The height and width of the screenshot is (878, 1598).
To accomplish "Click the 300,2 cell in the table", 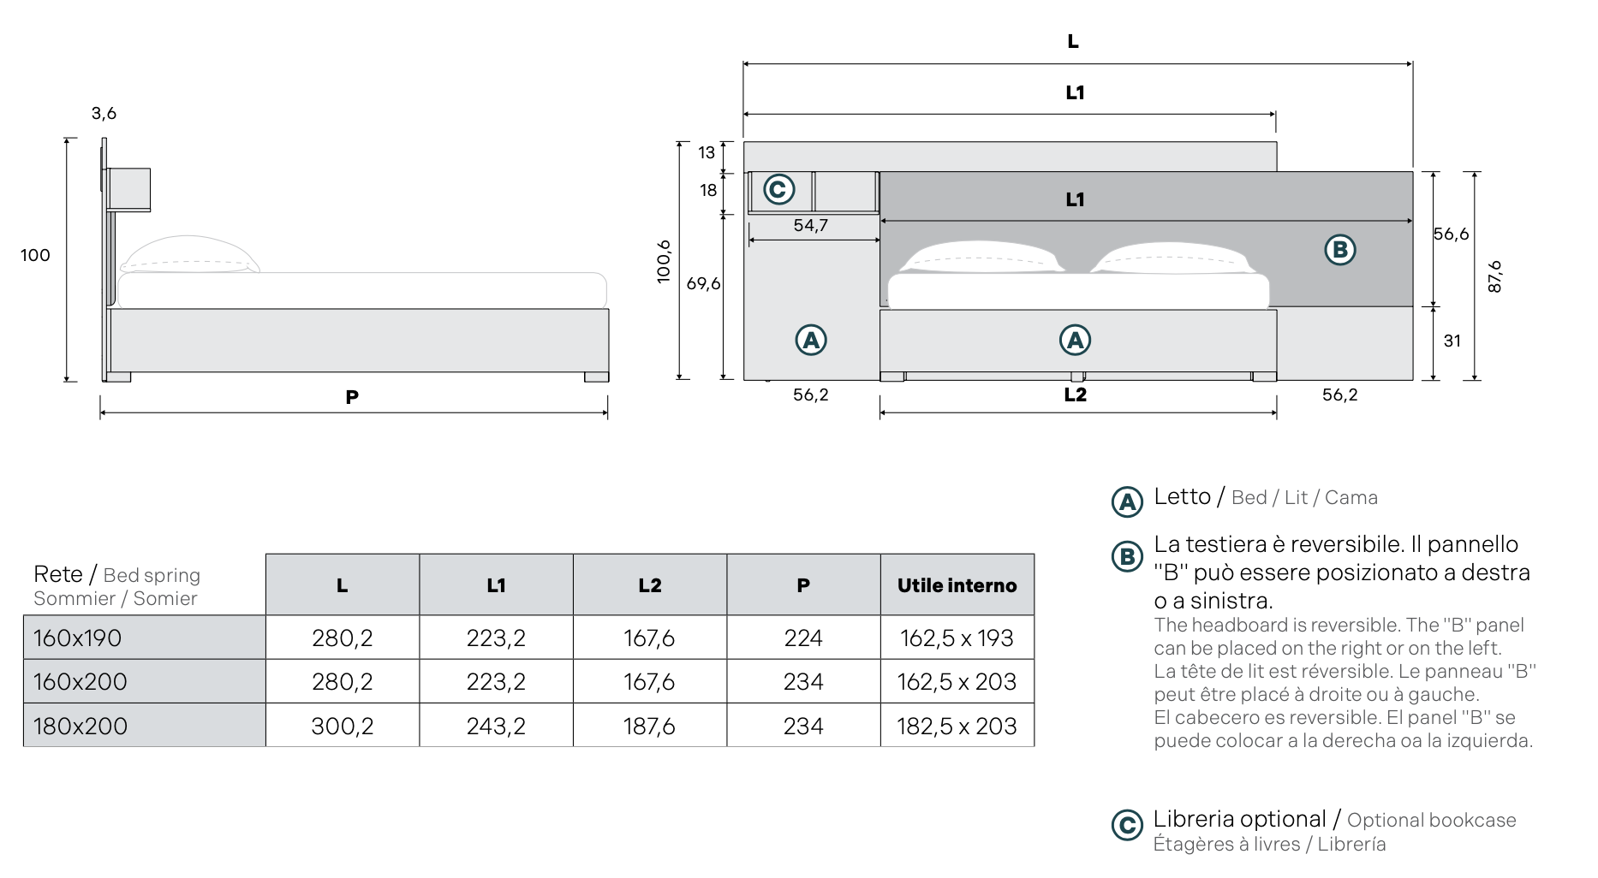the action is (342, 726).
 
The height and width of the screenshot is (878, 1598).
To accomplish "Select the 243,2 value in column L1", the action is (496, 726).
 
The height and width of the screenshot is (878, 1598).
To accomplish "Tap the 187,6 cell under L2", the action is (649, 726).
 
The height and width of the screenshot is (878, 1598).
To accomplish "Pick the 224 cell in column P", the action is (803, 638).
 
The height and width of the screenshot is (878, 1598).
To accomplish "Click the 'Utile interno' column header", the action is (957, 585).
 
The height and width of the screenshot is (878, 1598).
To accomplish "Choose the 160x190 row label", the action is (78, 638).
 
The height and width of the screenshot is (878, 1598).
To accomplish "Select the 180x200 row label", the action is (80, 727).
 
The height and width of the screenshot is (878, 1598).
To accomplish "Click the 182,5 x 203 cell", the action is (957, 726).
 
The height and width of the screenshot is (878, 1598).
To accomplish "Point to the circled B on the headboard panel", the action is (1340, 250).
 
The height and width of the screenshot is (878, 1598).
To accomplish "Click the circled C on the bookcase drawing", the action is (778, 189).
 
